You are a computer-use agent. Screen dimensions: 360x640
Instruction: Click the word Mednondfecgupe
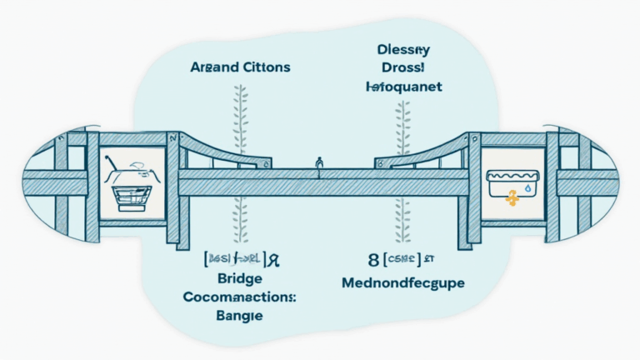[x=402, y=283]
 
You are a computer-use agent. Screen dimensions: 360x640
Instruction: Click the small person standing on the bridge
[x=319, y=162]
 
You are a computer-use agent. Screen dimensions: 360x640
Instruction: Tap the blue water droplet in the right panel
[x=526, y=191]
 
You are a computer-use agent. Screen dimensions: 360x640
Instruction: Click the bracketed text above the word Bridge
[x=237, y=258]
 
